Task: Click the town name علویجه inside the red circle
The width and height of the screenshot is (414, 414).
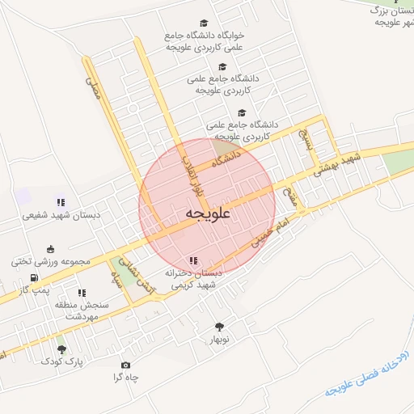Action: click(x=208, y=213)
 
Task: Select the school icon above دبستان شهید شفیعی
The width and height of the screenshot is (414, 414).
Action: click(x=60, y=201)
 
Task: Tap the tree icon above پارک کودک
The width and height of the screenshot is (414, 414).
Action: click(x=61, y=349)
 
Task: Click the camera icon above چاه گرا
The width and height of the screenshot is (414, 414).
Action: click(x=125, y=365)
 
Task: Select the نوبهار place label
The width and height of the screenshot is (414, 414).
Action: click(x=219, y=340)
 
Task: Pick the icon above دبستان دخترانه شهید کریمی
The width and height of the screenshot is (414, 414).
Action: click(x=192, y=260)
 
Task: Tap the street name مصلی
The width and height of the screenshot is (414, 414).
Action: click(x=94, y=92)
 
